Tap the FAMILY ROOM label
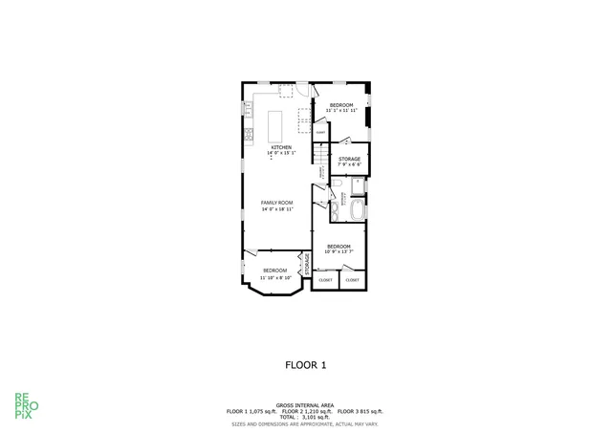[277, 203]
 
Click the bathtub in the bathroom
[358, 210]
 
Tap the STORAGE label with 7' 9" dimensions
[349, 159]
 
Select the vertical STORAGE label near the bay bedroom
[307, 266]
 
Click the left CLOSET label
[325, 280]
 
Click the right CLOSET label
[353, 280]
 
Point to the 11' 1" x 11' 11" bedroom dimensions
[341, 111]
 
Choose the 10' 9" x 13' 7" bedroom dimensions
[339, 252]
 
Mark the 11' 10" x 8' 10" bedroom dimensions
[275, 276]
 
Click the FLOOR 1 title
[306, 364]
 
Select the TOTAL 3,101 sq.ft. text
[306, 417]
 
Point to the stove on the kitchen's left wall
[246, 131]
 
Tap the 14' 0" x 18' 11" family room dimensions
[277, 209]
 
